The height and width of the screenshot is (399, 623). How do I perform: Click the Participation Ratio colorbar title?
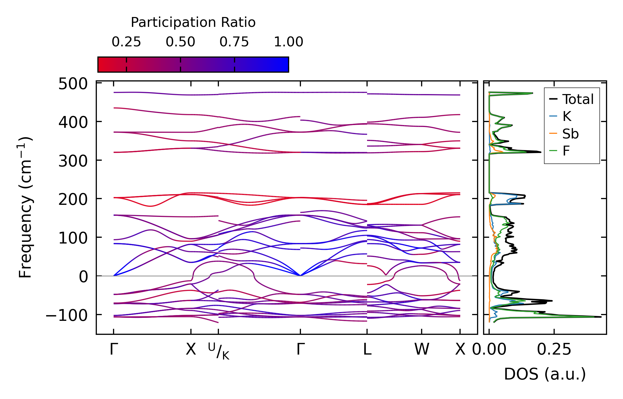[x=193, y=22]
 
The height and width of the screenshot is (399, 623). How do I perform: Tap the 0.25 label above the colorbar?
[x=126, y=42]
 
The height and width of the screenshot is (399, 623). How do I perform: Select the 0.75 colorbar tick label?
[x=234, y=42]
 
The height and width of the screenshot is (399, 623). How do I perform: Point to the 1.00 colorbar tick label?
[x=288, y=42]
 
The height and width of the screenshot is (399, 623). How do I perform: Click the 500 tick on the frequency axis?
[x=73, y=84]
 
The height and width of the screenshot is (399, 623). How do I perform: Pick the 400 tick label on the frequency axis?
[x=73, y=122]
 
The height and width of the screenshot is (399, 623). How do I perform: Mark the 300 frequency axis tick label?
[x=73, y=161]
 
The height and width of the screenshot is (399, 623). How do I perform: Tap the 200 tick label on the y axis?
[x=73, y=199]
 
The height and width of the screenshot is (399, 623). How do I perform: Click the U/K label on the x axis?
[x=219, y=351]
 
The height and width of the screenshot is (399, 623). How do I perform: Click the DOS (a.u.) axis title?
[x=545, y=374]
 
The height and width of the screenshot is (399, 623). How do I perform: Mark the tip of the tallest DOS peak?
[x=601, y=317]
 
